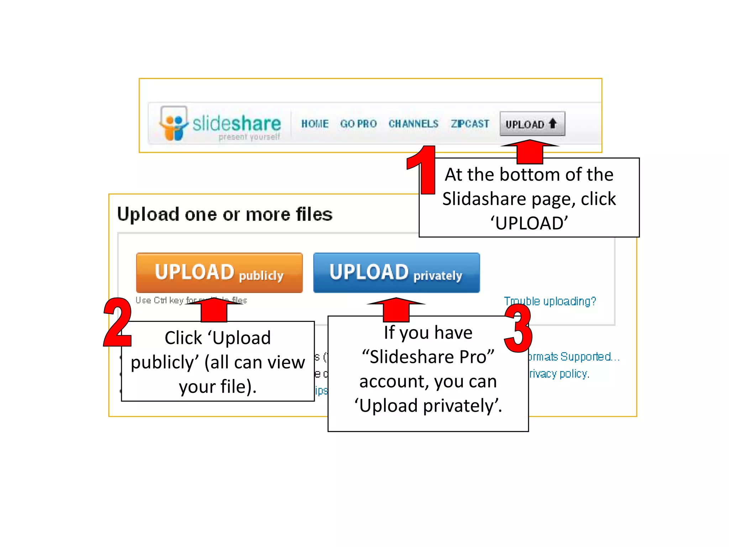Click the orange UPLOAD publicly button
pyautogui.click(x=219, y=273)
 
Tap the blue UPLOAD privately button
pyautogui.click(x=396, y=273)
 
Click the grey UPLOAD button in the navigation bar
pyautogui.click(x=532, y=124)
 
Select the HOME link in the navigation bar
pyautogui.click(x=315, y=124)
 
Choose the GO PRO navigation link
pyautogui.click(x=358, y=124)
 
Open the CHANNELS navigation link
pyautogui.click(x=413, y=124)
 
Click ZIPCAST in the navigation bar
pyautogui.click(x=470, y=124)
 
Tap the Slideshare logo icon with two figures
pyautogui.click(x=174, y=124)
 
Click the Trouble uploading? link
pyautogui.click(x=550, y=301)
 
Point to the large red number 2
pyautogui.click(x=117, y=322)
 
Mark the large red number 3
pyautogui.click(x=518, y=328)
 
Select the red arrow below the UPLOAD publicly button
pyautogui.click(x=214, y=309)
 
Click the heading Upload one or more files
pyautogui.click(x=225, y=214)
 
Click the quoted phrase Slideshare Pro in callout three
pyautogui.click(x=428, y=357)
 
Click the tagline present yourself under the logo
pyautogui.click(x=249, y=137)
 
